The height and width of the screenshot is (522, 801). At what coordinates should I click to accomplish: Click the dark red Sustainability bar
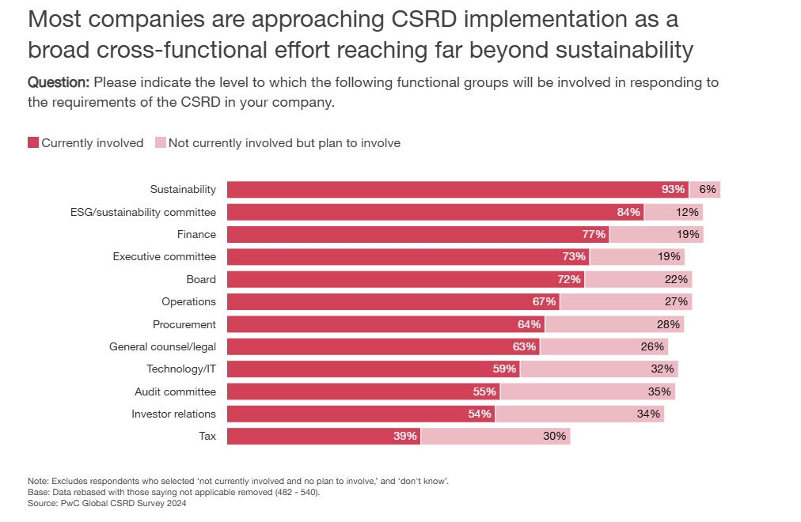(x=457, y=190)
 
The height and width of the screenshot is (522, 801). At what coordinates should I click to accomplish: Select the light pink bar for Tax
(x=495, y=436)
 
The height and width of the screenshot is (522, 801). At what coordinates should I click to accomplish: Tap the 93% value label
(x=673, y=190)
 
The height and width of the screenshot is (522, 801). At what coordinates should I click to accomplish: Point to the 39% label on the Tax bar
(x=405, y=436)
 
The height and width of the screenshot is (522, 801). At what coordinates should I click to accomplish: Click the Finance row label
(x=196, y=234)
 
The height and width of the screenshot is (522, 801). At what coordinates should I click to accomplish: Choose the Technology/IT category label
(x=181, y=369)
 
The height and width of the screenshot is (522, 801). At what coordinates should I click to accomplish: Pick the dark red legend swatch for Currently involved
(x=33, y=143)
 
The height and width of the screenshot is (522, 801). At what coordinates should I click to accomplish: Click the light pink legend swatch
(x=161, y=143)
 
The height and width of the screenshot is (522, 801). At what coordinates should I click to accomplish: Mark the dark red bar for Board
(x=405, y=279)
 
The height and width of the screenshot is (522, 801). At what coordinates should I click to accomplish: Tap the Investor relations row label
(x=173, y=414)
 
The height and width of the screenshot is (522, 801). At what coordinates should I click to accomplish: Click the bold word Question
(x=59, y=82)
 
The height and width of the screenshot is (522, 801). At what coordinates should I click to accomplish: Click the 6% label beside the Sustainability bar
(x=708, y=190)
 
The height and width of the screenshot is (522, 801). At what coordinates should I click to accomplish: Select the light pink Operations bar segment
(x=625, y=301)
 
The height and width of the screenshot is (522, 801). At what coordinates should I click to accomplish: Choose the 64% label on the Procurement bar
(x=530, y=324)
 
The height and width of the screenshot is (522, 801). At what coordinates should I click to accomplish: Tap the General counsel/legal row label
(x=162, y=346)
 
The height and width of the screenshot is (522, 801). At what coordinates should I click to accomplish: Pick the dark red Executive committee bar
(x=408, y=257)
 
